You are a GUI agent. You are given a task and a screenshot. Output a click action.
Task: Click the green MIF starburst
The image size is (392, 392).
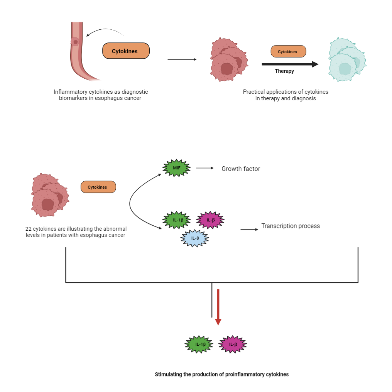[x=177, y=168]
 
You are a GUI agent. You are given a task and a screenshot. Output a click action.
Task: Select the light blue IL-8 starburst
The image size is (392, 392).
[x=195, y=238]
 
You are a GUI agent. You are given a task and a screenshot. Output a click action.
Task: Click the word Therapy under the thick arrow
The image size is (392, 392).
[x=284, y=71]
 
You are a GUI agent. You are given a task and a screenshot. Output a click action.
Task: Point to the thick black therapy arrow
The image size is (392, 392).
[x=290, y=64]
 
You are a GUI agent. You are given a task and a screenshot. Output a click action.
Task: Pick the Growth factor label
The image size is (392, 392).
[x=241, y=169]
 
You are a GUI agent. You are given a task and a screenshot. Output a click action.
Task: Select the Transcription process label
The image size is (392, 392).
[x=291, y=226]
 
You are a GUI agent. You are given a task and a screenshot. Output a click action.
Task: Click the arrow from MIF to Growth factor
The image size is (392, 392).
[x=204, y=168]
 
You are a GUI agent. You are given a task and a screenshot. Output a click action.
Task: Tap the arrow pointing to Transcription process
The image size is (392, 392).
[x=249, y=230]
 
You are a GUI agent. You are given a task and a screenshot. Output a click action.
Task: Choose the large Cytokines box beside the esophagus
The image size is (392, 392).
[x=126, y=51]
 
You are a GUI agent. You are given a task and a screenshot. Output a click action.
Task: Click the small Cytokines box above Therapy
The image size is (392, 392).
[x=288, y=51]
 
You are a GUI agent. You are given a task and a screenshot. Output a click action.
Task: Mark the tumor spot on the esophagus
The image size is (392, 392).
[x=76, y=42]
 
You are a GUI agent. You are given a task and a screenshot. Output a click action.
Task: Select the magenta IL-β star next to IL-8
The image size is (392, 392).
[x=210, y=220]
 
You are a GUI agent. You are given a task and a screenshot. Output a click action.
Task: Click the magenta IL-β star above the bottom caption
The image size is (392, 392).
[x=233, y=344]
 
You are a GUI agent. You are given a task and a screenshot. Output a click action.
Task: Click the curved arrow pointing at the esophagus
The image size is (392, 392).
[x=104, y=31]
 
